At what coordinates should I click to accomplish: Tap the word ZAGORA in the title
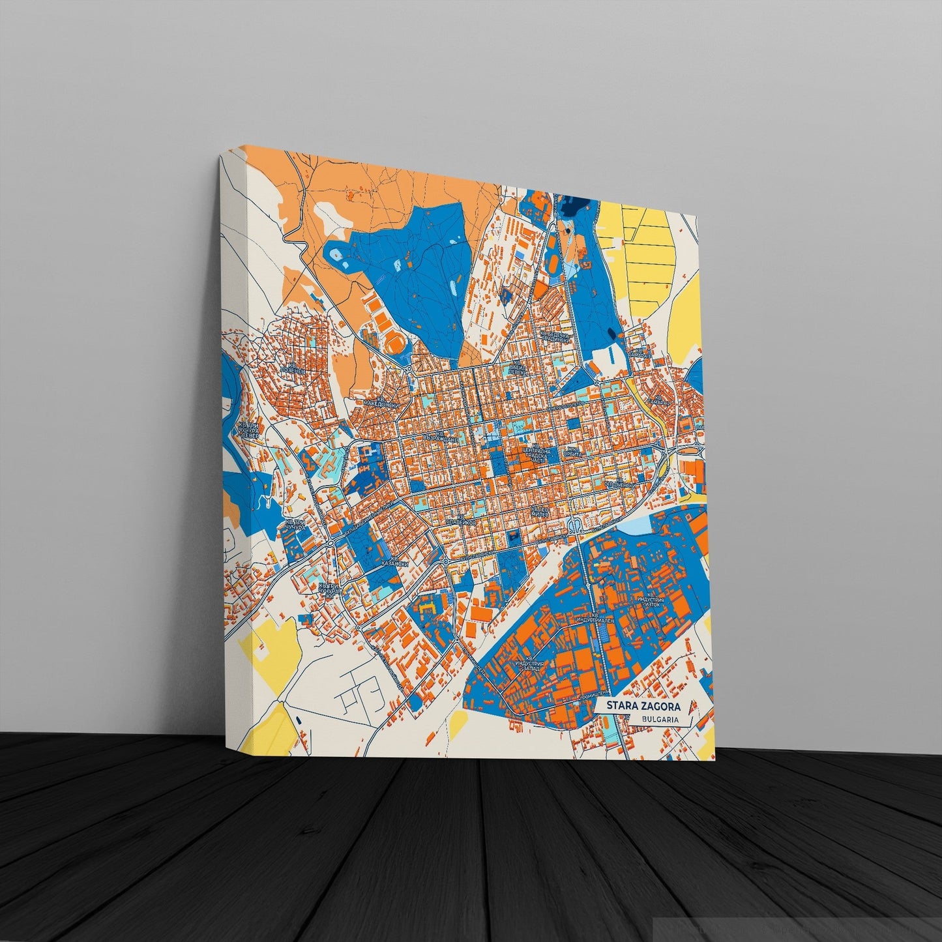pos(660,707)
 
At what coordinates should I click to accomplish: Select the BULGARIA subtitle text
pos(656,720)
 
